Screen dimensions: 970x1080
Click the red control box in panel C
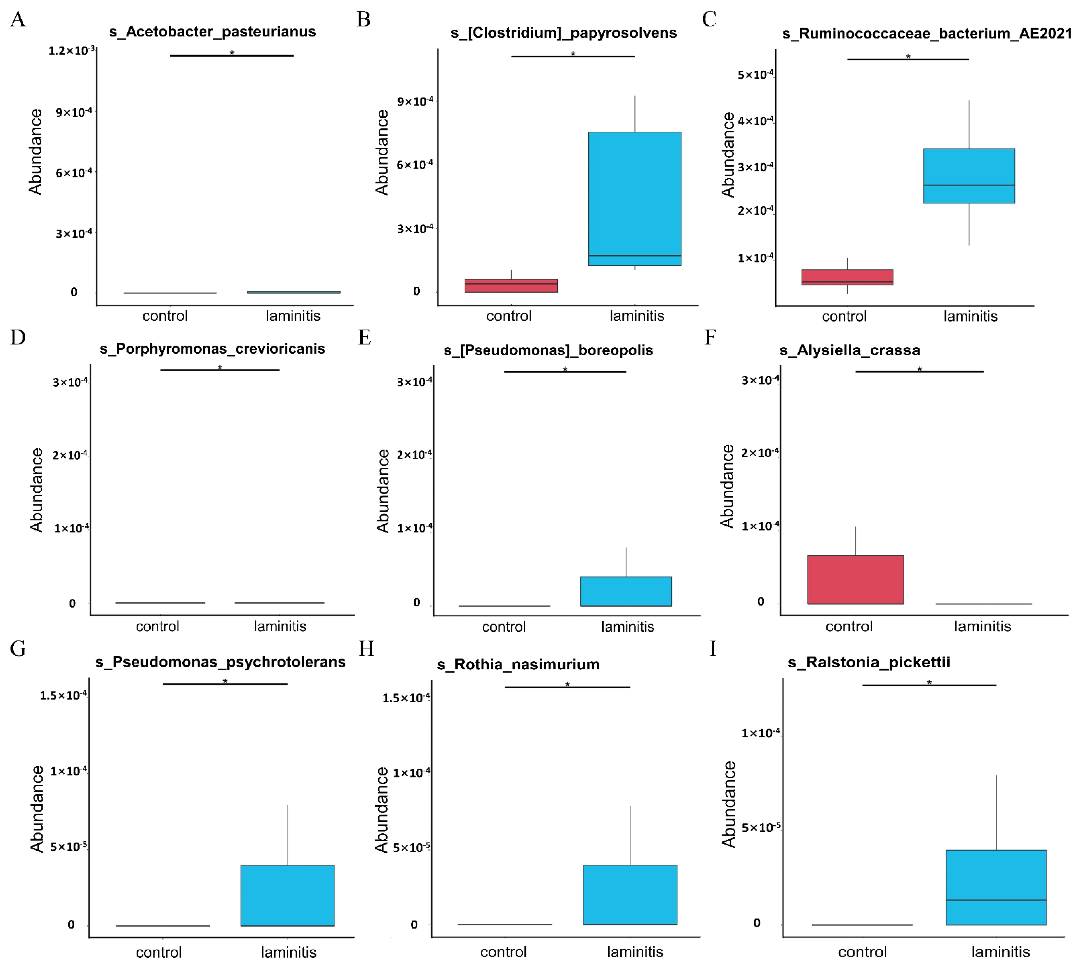click(847, 277)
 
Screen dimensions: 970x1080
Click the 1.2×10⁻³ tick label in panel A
click(71, 51)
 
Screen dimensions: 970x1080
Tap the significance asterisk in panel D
click(220, 368)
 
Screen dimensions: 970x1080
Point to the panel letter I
click(713, 649)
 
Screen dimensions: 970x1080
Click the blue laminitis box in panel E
click(626, 591)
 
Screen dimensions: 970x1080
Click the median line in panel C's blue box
click(969, 185)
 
